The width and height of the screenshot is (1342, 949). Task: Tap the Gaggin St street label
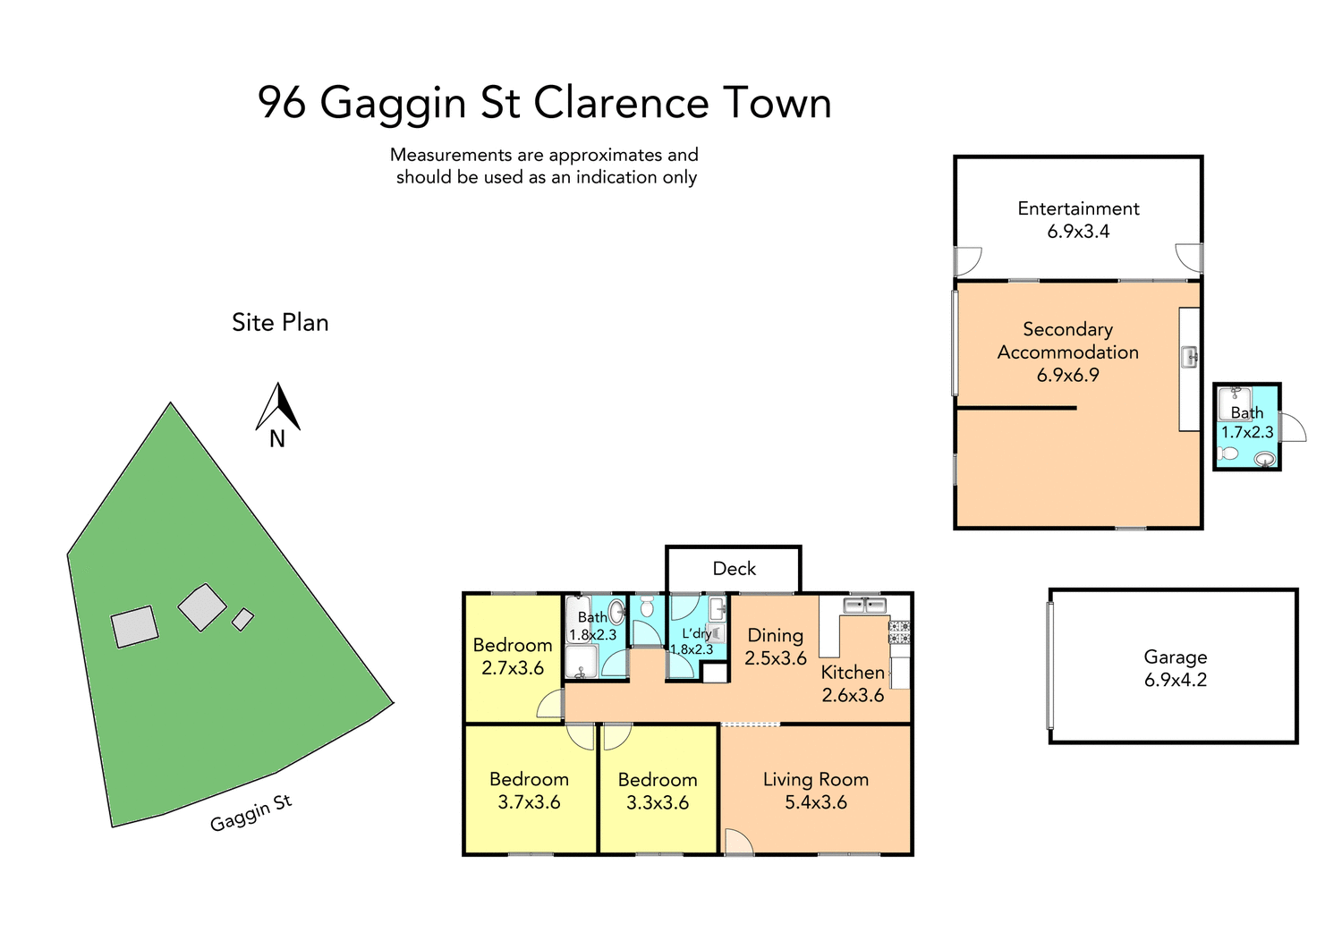[x=251, y=813]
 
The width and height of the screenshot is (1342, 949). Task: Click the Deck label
[x=734, y=569]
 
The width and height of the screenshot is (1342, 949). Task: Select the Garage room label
[x=1175, y=657]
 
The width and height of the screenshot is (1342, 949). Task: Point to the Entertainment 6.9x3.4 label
[x=1078, y=220]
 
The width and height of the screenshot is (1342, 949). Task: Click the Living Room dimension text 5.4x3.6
[x=815, y=803]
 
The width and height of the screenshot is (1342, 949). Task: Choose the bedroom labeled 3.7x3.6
[x=529, y=791]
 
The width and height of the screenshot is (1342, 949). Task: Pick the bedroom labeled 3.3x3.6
[x=658, y=791]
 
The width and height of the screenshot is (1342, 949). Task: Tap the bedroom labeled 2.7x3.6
[x=513, y=657]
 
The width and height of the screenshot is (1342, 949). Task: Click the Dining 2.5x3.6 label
[x=775, y=647]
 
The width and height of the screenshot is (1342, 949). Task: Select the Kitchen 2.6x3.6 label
[x=853, y=683]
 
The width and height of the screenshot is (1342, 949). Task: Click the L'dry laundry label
[x=696, y=633]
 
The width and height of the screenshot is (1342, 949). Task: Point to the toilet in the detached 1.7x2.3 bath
[x=1229, y=454]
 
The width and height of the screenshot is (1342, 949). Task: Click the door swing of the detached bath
[x=1293, y=428]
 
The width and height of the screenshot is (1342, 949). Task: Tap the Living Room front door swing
[x=737, y=843]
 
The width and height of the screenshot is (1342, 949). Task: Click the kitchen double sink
[x=864, y=606]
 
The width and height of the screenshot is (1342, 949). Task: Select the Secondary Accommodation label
[x=1067, y=352]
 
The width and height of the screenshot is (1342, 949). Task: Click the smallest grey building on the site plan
[x=242, y=619]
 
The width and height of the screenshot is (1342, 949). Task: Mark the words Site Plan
[x=280, y=323]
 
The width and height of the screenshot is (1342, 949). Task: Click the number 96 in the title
[x=282, y=103]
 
